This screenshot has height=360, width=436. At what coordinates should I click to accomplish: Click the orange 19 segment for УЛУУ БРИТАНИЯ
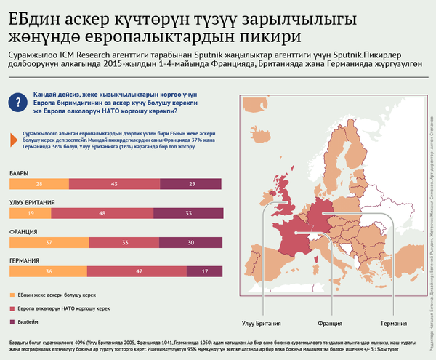point(30,214)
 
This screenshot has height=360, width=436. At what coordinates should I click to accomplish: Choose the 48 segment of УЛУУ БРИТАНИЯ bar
point(103,214)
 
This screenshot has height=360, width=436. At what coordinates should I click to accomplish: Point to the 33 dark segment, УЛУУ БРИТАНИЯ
point(187,214)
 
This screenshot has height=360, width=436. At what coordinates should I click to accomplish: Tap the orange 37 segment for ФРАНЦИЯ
point(48,242)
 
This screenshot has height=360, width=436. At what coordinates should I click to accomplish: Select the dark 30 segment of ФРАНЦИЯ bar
point(190,242)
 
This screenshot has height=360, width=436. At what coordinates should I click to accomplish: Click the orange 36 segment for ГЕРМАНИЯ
point(47,271)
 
